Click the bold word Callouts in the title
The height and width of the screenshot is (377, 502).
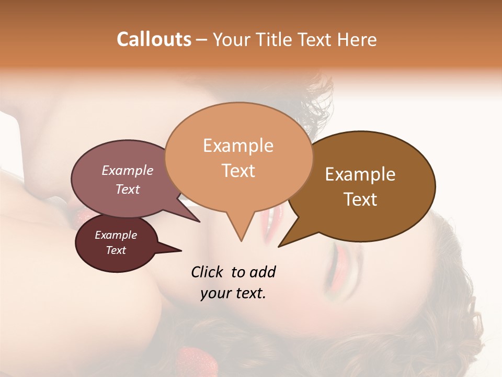click(154, 39)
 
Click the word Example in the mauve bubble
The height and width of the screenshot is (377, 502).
click(128, 170)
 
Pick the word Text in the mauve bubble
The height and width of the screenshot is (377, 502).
click(128, 189)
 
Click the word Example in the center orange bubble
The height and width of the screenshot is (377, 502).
click(238, 146)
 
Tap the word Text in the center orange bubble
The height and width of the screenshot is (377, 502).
click(238, 171)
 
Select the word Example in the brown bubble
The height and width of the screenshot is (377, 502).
click(360, 174)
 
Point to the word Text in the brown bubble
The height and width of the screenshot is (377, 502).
click(360, 199)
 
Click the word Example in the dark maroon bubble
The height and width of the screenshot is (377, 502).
click(116, 235)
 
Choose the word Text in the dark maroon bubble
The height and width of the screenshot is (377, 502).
click(116, 250)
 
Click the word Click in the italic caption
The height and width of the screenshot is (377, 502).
click(208, 272)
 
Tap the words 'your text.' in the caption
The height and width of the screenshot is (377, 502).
click(233, 294)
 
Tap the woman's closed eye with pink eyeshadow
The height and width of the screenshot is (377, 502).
click(340, 259)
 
